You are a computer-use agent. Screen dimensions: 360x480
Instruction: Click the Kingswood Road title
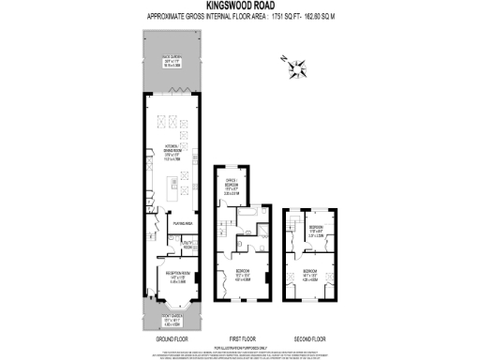coord(239,6)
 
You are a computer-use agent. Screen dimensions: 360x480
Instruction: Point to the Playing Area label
coord(181,224)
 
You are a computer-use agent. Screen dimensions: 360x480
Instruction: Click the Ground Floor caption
coord(168,338)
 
